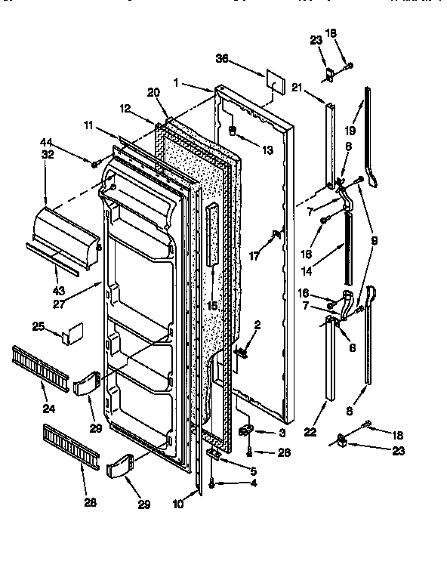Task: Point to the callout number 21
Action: [297, 88]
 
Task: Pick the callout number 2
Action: [258, 325]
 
